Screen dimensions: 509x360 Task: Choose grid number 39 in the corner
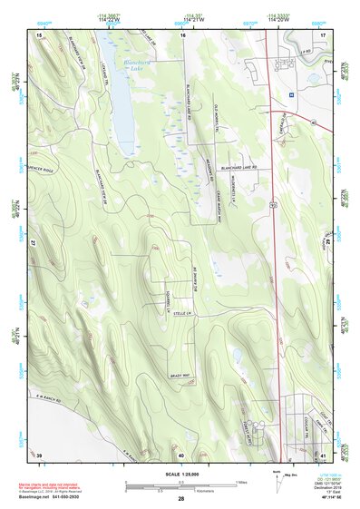click(40, 454)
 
